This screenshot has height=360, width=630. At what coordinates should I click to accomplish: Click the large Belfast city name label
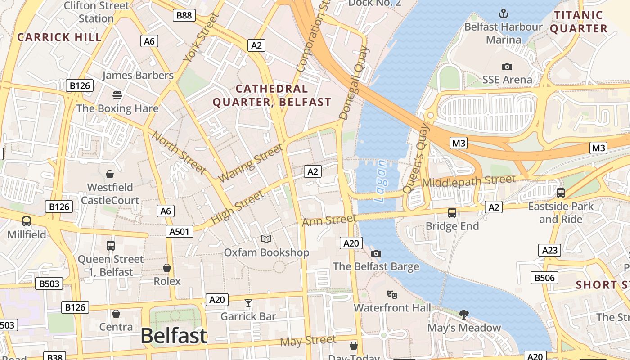pos(174,336)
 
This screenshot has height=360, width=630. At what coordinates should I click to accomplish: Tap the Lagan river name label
pos(381,181)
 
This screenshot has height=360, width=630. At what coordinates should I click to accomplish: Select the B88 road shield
pos(184,15)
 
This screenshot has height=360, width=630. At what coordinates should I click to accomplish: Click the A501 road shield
pos(180,231)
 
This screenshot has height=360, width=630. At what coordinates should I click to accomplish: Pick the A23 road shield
pos(549,250)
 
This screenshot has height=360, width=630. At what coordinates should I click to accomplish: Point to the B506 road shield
pos(544,278)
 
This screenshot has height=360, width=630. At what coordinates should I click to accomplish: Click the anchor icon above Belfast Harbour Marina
pos(504,13)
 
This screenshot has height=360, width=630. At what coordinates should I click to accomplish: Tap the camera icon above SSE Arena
pos(507,67)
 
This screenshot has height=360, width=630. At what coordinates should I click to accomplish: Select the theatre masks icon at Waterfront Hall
pos(392,295)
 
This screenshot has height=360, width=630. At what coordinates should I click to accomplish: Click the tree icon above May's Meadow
pos(464,314)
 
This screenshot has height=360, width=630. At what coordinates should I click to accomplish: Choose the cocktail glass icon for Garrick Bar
pos(248,303)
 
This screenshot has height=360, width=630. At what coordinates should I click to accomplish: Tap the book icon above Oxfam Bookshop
pos(266,239)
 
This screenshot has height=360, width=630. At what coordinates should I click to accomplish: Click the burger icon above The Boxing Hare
pos(117,95)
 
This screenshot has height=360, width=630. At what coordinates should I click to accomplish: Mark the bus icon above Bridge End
pos(452,212)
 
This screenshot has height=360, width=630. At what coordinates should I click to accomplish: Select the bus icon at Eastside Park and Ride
pos(560,193)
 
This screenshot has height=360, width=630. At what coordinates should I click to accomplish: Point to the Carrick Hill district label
pos(59,37)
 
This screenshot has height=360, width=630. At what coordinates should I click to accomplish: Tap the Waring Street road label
pos(251,162)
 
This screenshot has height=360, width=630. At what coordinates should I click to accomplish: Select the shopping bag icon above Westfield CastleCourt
pos(109,174)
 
